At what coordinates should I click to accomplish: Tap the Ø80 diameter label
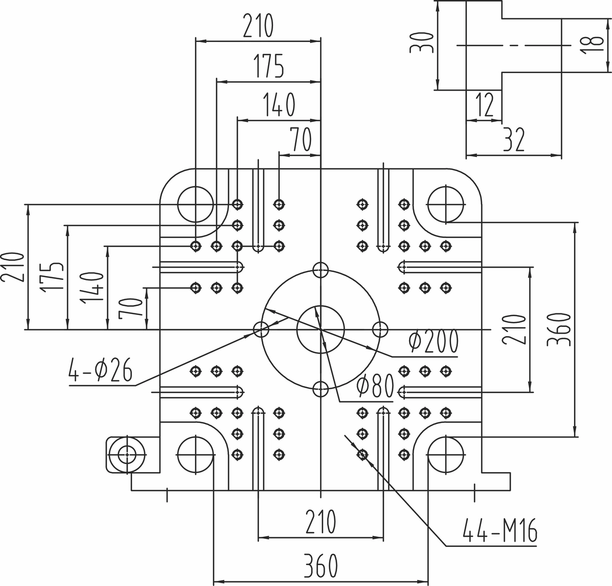376,387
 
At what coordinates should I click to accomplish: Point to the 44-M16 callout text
500,530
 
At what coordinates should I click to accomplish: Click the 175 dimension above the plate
269,66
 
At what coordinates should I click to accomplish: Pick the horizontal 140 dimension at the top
279,105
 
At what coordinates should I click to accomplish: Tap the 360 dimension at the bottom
321,565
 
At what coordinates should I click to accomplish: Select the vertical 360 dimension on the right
559,329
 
